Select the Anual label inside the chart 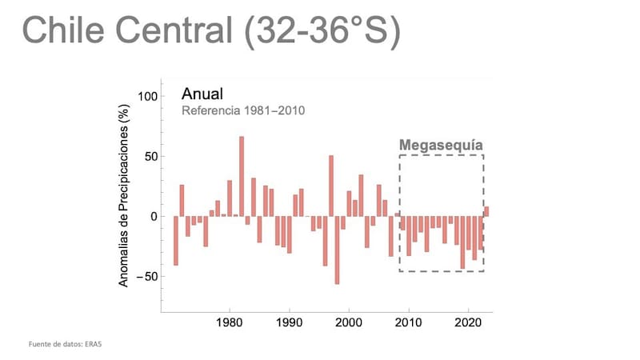[202, 94]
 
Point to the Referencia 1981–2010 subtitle [244, 110]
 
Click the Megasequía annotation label [442, 146]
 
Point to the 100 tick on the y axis [146, 96]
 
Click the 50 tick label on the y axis [149, 156]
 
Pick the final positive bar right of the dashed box [486, 211]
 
